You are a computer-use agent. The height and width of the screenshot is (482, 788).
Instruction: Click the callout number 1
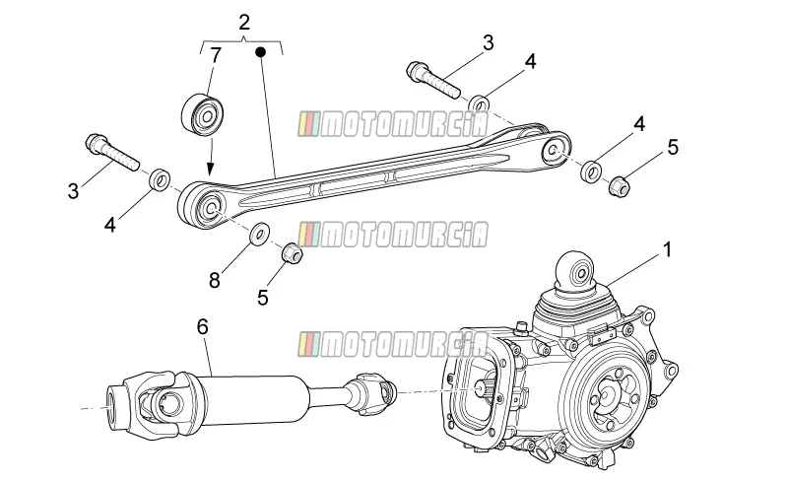668,250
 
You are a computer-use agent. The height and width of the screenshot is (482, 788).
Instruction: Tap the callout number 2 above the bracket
244,23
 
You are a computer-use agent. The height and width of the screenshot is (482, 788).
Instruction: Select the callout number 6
202,327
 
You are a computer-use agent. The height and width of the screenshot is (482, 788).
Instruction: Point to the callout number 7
216,55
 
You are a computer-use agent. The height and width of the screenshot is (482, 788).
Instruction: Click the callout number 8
215,280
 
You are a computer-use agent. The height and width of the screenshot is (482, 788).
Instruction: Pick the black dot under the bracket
260,51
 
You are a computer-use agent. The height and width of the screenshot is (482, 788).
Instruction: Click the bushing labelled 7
203,114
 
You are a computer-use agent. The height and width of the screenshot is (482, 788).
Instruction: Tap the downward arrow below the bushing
211,157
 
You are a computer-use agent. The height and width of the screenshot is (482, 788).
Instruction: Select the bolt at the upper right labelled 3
432,80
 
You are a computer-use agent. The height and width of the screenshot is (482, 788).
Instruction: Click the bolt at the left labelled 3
112,152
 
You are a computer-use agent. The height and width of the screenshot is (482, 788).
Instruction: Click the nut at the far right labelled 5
620,185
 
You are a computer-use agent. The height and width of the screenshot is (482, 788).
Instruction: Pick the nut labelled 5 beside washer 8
292,252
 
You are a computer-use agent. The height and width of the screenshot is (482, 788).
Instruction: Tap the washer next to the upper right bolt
480,104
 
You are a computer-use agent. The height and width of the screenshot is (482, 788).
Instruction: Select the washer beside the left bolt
160,179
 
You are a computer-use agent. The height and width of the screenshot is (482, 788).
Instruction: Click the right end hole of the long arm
553,150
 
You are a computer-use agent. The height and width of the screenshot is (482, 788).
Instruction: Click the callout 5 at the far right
673,148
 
